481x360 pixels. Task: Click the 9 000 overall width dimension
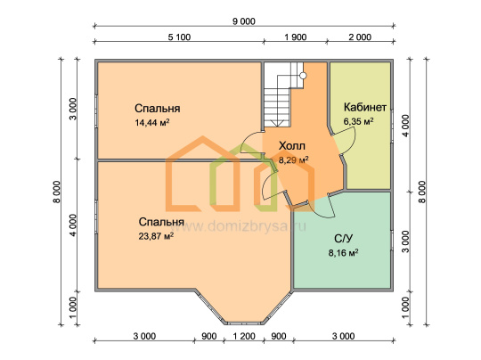coord(244,21)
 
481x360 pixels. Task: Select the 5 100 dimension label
coord(179,37)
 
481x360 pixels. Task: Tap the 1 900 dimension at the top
coord(296,37)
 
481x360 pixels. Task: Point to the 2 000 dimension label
coord(360,37)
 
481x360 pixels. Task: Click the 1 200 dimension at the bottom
coord(244,336)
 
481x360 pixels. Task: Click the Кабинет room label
coord(365,107)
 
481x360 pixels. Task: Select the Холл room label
coord(292,146)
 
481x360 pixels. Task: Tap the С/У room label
coord(344,239)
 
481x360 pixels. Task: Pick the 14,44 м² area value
coord(152,123)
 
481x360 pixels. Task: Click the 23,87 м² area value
coord(156,236)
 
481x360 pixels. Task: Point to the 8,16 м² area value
coord(344,253)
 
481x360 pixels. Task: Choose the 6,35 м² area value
coord(358,121)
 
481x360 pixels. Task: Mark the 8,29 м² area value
coord(294,160)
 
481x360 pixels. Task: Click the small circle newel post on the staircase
coord(303,76)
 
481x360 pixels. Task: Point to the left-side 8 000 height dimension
coord(57,192)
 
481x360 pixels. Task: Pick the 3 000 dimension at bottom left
coord(144,336)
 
